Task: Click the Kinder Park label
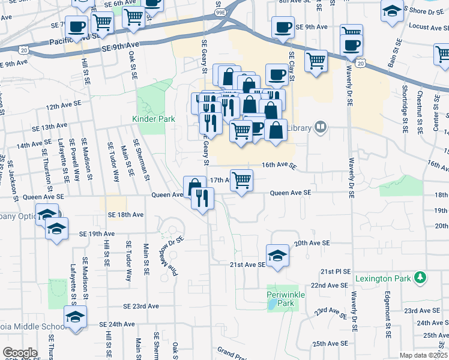[154, 119]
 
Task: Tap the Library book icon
[322, 127]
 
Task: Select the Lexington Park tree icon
[421, 277]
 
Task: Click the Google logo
[20, 353]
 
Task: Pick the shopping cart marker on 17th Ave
[241, 179]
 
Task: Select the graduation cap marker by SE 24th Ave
[76, 316]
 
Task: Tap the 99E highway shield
[220, 11]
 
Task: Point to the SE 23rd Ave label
[141, 306]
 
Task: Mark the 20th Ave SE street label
[312, 243]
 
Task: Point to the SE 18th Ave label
[126, 214]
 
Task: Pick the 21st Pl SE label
[335, 271]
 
